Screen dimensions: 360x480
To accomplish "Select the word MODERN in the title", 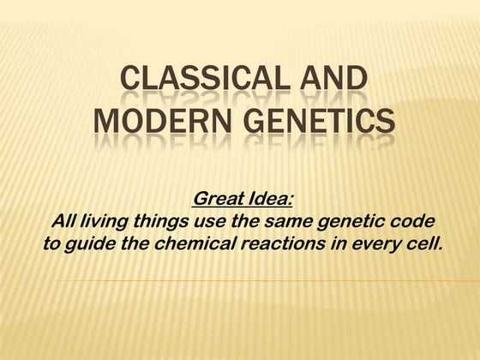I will coord(150,123).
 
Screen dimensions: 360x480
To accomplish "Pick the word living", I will coord(107,222).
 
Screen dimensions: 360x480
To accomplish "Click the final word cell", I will coord(421,243).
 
